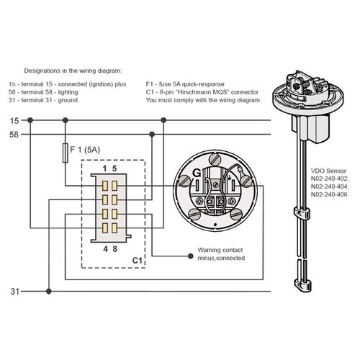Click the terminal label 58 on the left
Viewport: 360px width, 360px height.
tap(14, 134)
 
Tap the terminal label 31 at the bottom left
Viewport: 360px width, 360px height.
tap(14, 292)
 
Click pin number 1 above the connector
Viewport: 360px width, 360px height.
tap(105, 168)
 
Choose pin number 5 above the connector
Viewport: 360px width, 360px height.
tap(115, 168)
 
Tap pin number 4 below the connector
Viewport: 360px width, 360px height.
tap(105, 249)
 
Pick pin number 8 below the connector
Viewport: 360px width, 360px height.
tap(115, 249)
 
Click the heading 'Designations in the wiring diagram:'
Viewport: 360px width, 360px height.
tap(73, 72)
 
